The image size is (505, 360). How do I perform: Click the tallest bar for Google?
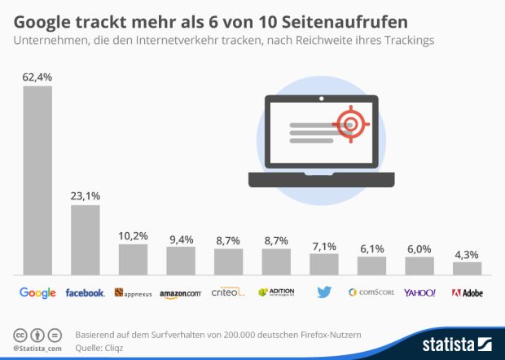(37, 179)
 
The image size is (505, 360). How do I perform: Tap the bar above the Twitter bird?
(323, 263)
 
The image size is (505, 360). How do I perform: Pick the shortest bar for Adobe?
(467, 267)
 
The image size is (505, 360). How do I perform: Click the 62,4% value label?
(37, 77)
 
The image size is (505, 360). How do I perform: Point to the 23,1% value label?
(86, 195)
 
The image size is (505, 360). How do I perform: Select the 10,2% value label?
(133, 235)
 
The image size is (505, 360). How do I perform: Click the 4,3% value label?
(467, 252)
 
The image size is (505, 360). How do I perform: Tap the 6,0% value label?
(419, 248)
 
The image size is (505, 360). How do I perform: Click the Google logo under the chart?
(37, 292)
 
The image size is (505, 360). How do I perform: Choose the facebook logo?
(86, 292)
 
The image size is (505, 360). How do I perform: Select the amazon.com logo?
(180, 292)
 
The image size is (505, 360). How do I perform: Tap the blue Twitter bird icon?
(323, 292)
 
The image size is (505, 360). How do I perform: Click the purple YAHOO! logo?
(419, 292)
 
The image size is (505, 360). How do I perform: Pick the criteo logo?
(227, 292)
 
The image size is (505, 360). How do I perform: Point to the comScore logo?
(371, 292)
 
